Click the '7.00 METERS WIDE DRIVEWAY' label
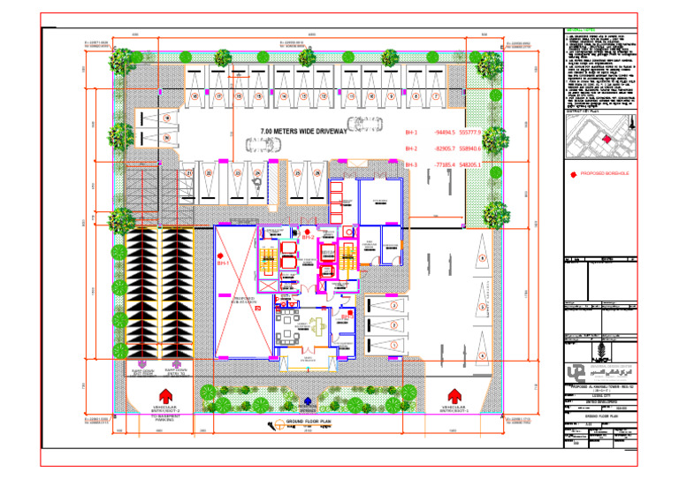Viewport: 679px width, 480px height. point(303,132)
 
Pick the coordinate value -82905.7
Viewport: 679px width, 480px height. point(443,149)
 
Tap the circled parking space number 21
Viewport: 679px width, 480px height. point(189,174)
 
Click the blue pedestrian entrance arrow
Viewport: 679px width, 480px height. point(307,400)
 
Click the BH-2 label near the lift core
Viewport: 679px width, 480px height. point(309,237)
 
